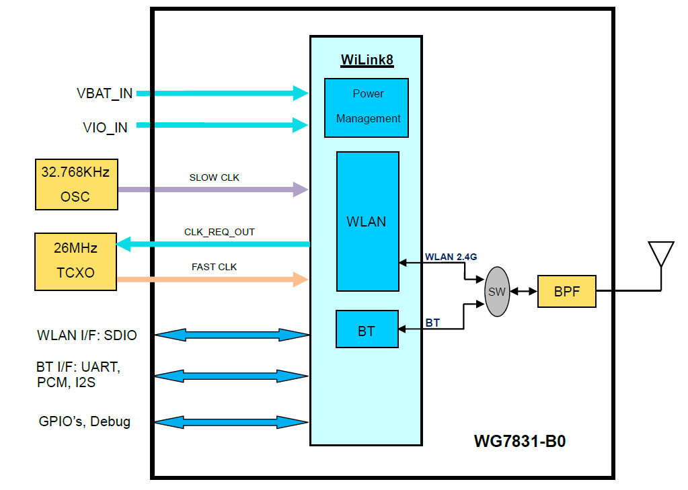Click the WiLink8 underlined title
pyautogui.click(x=367, y=60)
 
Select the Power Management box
pyautogui.click(x=367, y=108)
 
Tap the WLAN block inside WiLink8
pyautogui.click(x=367, y=221)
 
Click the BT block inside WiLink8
pyautogui.click(x=367, y=329)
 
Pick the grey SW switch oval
pyautogui.click(x=497, y=292)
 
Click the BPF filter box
pyautogui.click(x=566, y=292)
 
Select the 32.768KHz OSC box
pyautogui.click(x=75, y=184)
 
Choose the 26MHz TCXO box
pyautogui.click(x=75, y=261)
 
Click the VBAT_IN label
pyautogui.click(x=104, y=94)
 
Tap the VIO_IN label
pyautogui.click(x=105, y=127)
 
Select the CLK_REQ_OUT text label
pyautogui.click(x=219, y=232)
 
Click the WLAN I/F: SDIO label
pyautogui.click(x=87, y=335)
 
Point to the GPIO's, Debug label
pyautogui.click(x=85, y=422)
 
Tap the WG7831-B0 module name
pyautogui.click(x=520, y=442)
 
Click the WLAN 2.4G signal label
pyautogui.click(x=451, y=257)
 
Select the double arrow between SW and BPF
pyautogui.click(x=523, y=292)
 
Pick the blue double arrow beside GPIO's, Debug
pyautogui.click(x=231, y=422)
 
